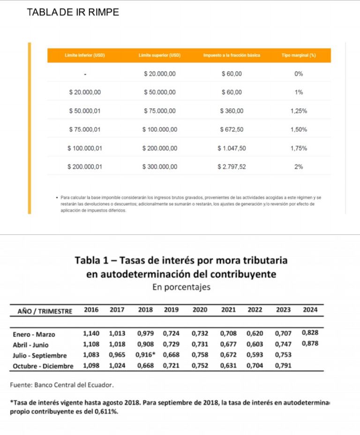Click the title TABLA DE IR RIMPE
point(73,13)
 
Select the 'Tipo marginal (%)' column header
point(299,55)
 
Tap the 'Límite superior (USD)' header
point(159,55)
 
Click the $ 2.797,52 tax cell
point(232,166)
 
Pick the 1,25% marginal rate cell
point(299,111)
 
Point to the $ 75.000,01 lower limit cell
point(85,129)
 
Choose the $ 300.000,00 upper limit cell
point(160,166)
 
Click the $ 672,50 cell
point(232,129)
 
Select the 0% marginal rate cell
point(299,74)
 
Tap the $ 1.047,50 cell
point(232,148)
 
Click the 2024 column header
point(310,310)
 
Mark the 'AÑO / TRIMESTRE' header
point(45,311)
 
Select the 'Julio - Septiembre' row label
point(40,355)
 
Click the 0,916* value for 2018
point(146,355)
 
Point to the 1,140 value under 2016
point(91,334)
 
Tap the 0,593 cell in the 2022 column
point(255,355)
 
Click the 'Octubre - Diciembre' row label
point(43,366)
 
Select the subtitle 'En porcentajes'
point(181,287)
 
